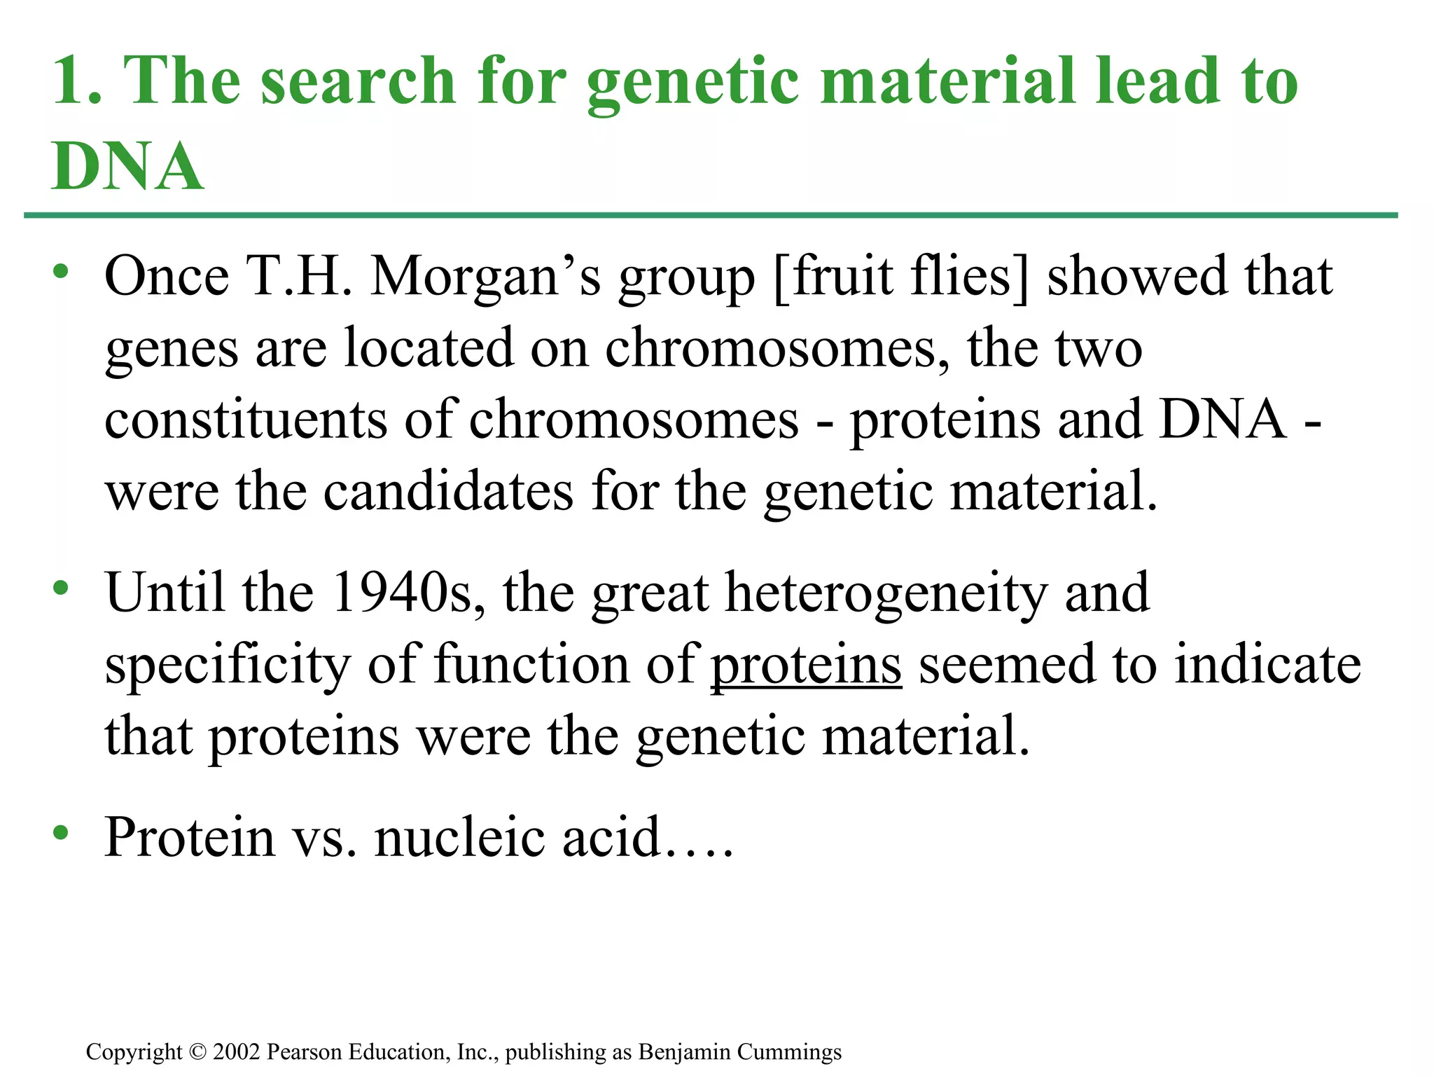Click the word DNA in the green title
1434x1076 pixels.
(x=127, y=166)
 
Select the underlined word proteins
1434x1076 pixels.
(x=806, y=665)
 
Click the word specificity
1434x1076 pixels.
(x=228, y=665)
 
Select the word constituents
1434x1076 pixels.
(x=246, y=419)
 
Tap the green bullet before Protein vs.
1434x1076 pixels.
(x=62, y=832)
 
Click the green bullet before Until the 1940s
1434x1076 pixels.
(x=62, y=587)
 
